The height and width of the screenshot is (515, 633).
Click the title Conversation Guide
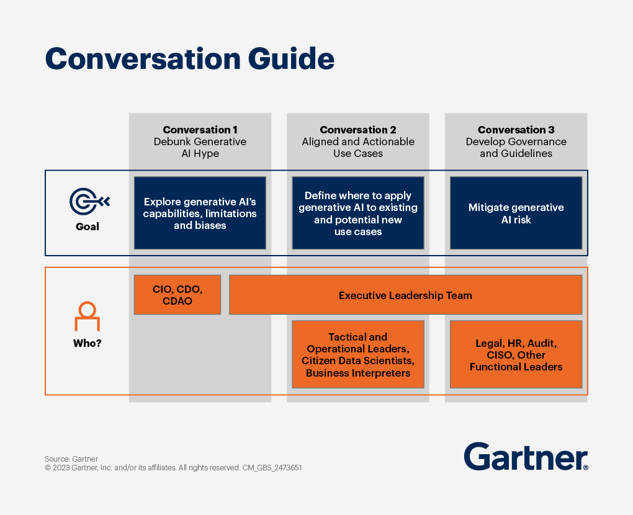[x=190, y=59]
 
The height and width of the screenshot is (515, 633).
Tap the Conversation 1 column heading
[x=200, y=130]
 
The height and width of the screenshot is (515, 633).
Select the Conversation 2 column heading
[x=358, y=130]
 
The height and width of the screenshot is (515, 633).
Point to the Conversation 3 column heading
[x=516, y=130]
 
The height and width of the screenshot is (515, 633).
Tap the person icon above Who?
[x=87, y=316]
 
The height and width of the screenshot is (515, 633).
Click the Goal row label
[x=88, y=226]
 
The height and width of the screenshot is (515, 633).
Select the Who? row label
[x=88, y=343]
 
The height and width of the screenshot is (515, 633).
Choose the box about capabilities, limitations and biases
[x=200, y=213]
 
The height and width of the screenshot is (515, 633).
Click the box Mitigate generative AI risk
[x=516, y=213]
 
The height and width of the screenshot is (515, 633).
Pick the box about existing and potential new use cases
[x=358, y=213]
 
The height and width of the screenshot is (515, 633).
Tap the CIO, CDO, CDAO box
[x=177, y=295]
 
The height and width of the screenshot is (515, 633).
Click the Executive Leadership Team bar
[x=405, y=295]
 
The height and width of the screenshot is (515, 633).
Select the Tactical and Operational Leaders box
[x=358, y=354]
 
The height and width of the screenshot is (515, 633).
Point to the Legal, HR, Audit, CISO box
[x=516, y=354]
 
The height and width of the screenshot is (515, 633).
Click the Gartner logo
[x=525, y=457]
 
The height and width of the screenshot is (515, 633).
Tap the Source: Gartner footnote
[x=71, y=459]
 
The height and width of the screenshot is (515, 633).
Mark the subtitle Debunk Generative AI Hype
[x=200, y=147]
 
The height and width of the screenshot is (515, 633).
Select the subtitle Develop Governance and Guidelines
[x=516, y=147]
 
